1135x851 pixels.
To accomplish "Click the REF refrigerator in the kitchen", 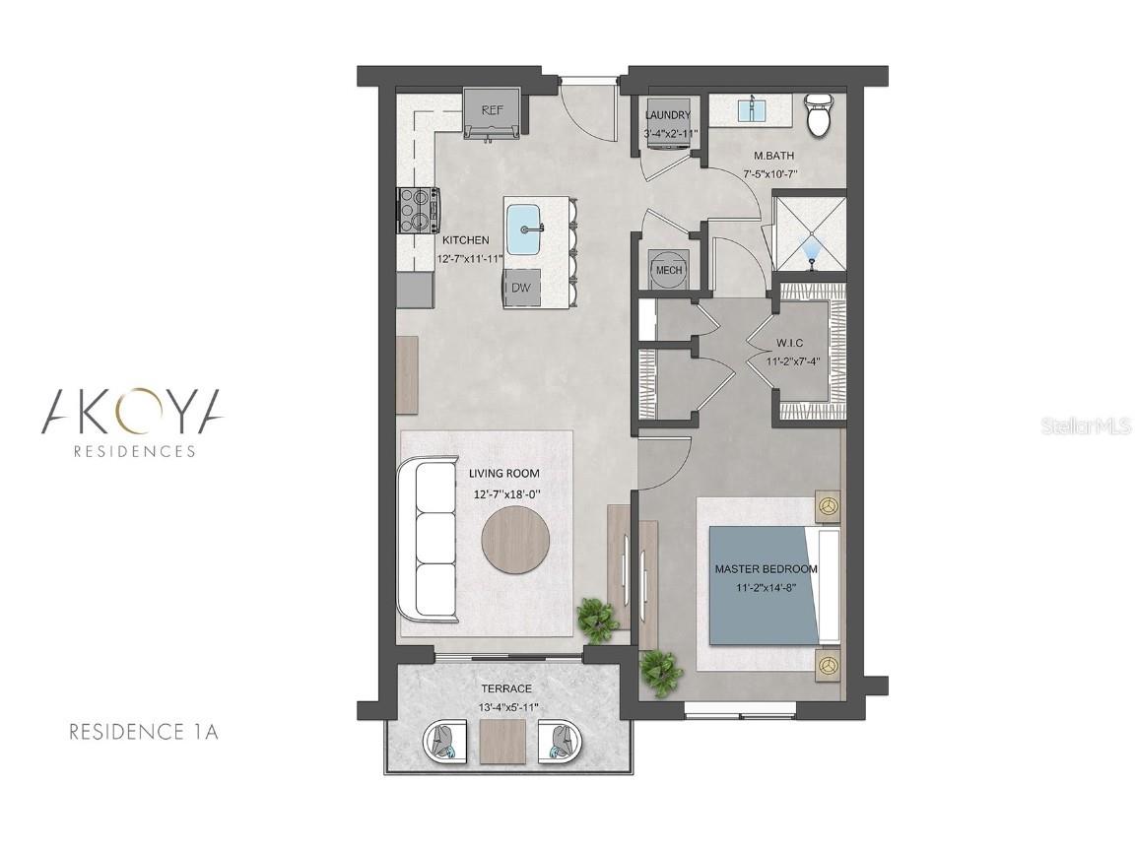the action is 493,113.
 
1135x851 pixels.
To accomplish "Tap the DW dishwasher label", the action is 521,288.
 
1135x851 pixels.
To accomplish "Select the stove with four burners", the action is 419,210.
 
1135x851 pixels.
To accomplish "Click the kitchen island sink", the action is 525,229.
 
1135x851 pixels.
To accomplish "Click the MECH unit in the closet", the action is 668,269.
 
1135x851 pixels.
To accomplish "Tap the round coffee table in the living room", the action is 515,540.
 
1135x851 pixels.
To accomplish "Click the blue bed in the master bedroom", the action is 766,585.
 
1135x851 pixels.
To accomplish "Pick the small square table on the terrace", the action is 502,741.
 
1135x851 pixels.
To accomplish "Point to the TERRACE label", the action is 506,688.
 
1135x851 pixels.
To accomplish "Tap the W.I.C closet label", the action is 790,343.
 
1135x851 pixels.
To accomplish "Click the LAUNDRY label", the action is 668,115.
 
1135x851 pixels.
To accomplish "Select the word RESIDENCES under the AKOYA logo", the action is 135,451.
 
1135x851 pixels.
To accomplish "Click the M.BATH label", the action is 773,155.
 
